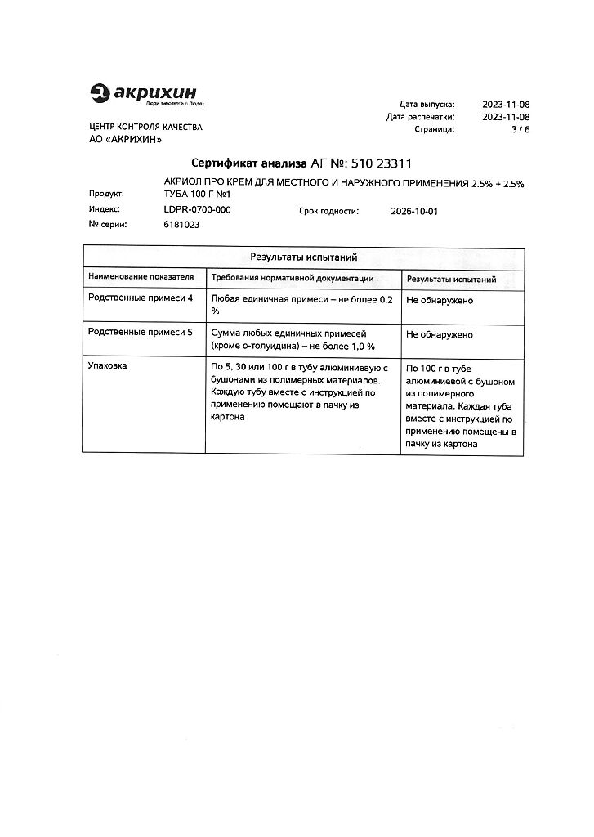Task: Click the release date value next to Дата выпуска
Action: point(506,105)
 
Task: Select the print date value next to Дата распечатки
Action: point(506,117)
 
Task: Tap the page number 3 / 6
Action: point(520,129)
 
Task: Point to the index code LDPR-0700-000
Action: point(197,210)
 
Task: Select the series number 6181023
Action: point(181,225)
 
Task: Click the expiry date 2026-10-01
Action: point(415,211)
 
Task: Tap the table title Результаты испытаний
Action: point(303,257)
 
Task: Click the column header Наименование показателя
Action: point(141,278)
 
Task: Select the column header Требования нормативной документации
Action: point(292,278)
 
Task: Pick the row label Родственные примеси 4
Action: point(141,300)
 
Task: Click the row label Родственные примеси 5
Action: point(141,334)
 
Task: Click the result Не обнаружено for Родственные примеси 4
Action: point(440,300)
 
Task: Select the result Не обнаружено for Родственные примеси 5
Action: point(440,334)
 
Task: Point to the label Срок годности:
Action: point(328,211)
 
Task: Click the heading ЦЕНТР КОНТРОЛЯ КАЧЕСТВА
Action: point(145,127)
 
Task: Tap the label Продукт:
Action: point(106,195)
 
